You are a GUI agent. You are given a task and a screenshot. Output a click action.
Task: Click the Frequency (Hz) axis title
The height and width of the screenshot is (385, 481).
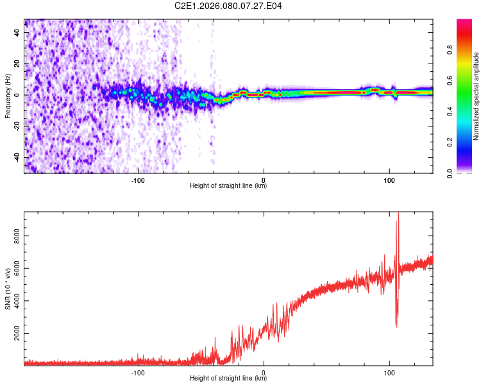[x=8, y=96]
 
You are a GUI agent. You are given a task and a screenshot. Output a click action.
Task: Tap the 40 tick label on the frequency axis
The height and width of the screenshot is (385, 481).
[x=17, y=33]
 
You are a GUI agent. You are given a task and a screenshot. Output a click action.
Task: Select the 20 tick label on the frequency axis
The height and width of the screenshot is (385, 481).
[x=17, y=64]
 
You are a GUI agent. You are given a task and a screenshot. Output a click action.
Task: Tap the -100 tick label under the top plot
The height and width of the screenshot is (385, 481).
[x=138, y=180]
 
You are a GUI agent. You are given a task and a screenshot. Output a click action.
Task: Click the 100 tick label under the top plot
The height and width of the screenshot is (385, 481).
[x=389, y=180]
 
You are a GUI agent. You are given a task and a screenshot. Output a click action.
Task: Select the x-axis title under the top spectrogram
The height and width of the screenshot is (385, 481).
[x=228, y=186]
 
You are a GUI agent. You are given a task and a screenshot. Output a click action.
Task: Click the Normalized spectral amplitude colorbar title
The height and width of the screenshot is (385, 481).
[x=476, y=96]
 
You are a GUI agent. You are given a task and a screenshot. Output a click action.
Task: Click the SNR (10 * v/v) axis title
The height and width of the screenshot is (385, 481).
[x=8, y=288]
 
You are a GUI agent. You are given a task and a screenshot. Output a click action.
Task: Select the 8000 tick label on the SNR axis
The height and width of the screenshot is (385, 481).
[x=17, y=236]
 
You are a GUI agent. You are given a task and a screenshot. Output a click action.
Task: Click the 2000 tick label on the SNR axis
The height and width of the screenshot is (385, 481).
[x=17, y=334]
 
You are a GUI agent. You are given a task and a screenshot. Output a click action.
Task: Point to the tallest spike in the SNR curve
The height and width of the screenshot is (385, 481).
[x=398, y=214]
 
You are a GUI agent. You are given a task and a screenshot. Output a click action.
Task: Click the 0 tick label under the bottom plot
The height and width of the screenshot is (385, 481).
[x=264, y=372]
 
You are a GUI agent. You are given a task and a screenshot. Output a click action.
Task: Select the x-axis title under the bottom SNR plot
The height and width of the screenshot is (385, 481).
[x=228, y=379]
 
